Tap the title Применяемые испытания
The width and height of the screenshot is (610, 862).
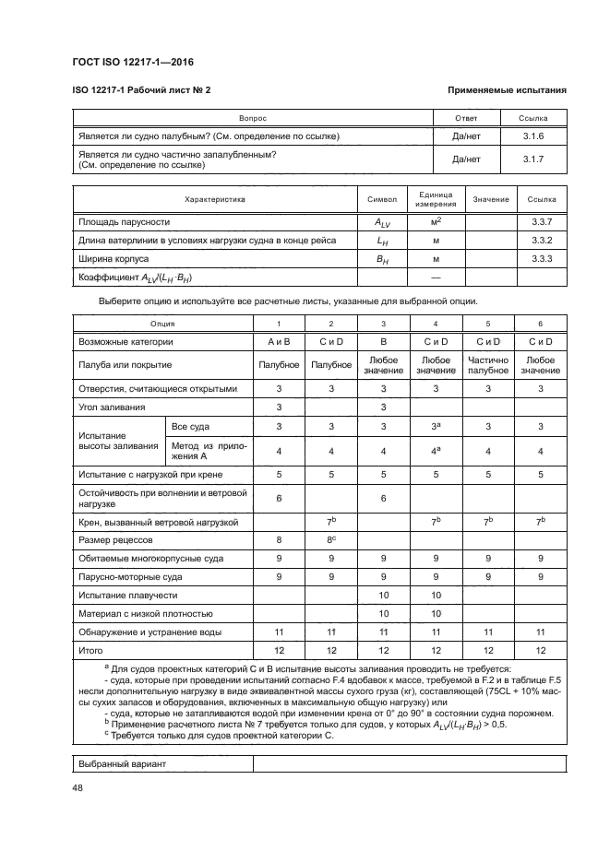[x=506, y=90]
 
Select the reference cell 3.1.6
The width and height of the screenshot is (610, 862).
[x=533, y=136]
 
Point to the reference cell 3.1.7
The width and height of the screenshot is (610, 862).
[x=533, y=159]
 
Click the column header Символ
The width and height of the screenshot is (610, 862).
[x=381, y=199]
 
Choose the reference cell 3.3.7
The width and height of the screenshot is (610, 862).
[x=542, y=222]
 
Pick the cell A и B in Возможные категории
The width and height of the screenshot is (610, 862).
[x=279, y=342]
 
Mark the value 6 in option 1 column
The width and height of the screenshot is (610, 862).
[x=279, y=499]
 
